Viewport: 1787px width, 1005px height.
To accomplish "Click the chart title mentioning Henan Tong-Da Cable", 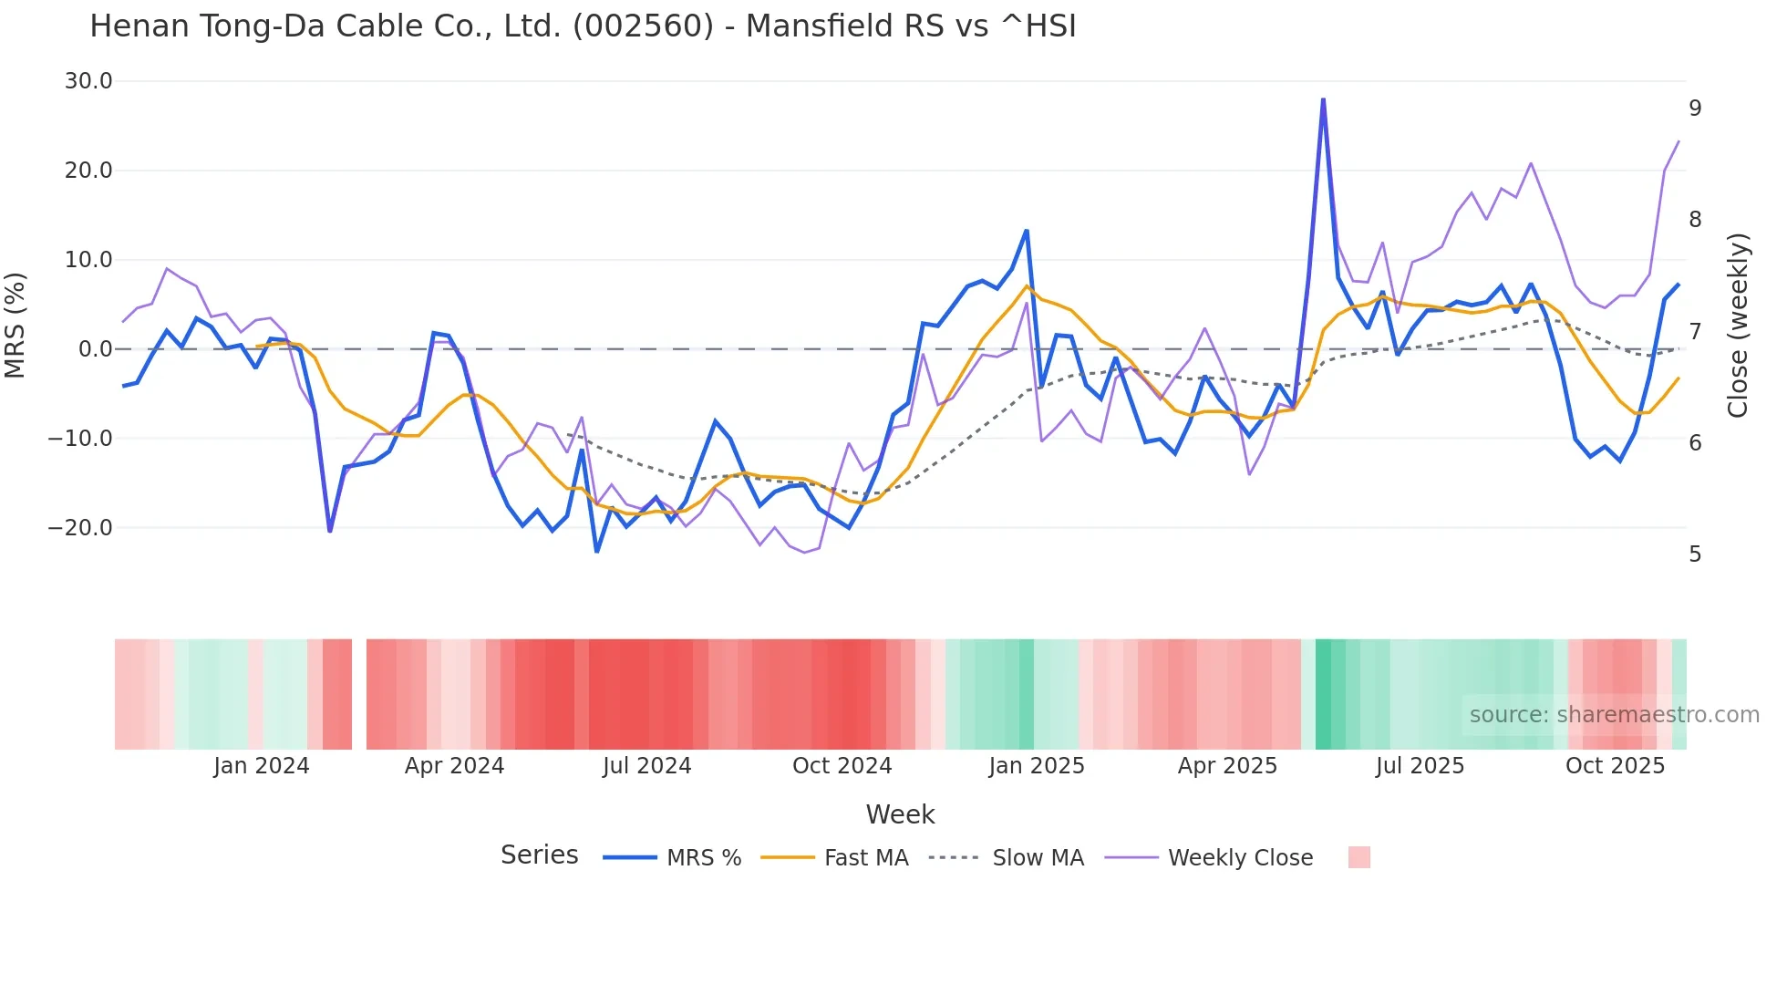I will tap(583, 26).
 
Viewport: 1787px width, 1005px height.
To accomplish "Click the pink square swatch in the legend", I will tap(1358, 857).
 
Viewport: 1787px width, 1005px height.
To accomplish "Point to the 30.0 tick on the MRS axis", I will tap(88, 81).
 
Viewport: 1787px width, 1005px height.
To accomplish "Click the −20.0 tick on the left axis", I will tap(80, 528).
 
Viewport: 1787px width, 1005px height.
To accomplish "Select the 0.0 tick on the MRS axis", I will tap(96, 349).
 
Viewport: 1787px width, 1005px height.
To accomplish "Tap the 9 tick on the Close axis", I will tap(1695, 109).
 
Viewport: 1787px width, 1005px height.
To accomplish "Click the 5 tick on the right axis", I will tap(1695, 554).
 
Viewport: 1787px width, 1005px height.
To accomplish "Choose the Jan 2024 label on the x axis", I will tap(262, 766).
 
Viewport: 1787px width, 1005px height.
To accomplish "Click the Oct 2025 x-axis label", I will tap(1615, 766).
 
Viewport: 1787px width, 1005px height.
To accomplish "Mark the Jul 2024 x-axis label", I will tap(646, 766).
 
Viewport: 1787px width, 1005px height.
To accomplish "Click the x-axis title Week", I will tap(900, 814).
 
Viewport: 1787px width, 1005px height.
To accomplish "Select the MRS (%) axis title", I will tap(15, 325).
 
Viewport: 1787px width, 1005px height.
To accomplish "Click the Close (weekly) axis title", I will tap(1738, 325).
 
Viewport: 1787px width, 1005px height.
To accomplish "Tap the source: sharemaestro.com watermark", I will tap(1614, 715).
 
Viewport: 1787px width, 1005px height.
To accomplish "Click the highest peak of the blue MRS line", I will tap(1323, 99).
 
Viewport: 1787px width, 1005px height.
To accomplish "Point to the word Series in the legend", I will tap(539, 855).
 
